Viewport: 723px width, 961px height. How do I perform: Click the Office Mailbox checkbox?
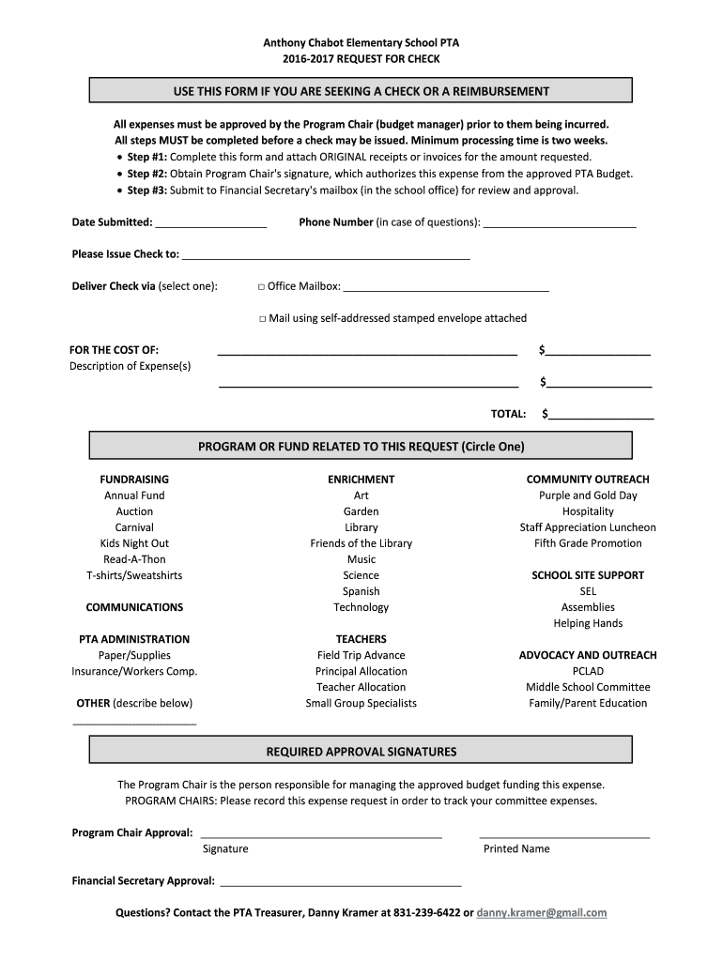[261, 286]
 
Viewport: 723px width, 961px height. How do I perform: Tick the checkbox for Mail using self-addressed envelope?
[263, 318]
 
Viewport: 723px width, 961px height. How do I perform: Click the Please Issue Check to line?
[326, 256]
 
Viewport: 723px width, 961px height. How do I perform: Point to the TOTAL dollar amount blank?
[601, 416]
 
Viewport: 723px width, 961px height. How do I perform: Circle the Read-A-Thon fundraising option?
[134, 559]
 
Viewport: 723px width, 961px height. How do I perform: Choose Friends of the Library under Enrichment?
[361, 543]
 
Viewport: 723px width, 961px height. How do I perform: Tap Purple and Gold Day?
[588, 496]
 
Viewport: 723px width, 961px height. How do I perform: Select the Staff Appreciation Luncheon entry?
[588, 527]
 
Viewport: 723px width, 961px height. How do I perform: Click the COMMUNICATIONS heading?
[134, 607]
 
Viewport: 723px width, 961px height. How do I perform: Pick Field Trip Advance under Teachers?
[361, 655]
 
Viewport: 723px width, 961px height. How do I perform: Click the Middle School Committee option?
[588, 687]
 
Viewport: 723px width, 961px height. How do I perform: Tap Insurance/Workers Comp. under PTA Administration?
[134, 671]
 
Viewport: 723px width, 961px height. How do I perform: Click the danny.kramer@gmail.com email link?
[542, 912]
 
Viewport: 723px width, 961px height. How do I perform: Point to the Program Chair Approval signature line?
[321, 834]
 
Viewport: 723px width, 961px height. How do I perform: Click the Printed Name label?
[516, 848]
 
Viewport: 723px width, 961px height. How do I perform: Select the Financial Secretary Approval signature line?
[341, 883]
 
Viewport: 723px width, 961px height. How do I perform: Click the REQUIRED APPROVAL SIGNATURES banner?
[361, 752]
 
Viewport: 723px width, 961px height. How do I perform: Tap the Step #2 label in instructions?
[146, 174]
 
